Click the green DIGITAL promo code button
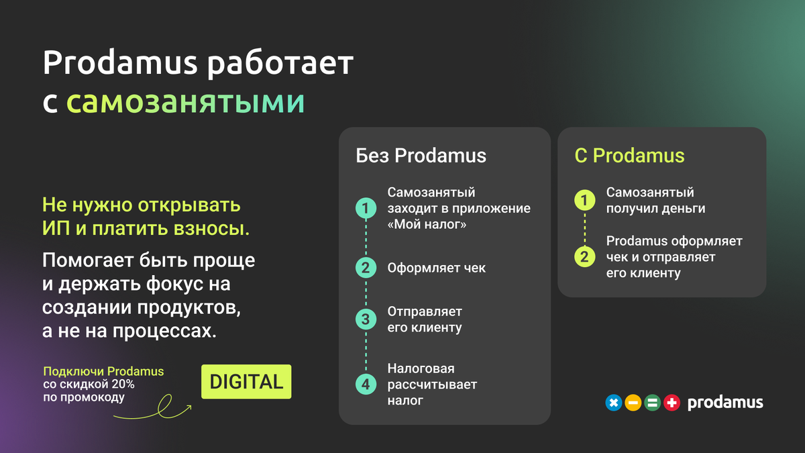click(x=246, y=382)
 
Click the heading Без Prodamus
click(x=421, y=156)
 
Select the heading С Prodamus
click(x=629, y=156)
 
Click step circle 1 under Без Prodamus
click(x=366, y=209)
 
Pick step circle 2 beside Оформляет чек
click(x=366, y=268)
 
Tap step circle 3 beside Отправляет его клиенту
click(x=366, y=319)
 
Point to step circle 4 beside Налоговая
click(x=366, y=385)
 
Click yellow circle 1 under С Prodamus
click(x=584, y=200)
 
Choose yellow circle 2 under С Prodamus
click(x=584, y=256)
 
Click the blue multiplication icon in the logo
click(x=613, y=403)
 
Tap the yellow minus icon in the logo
click(x=633, y=403)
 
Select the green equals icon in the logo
click(x=652, y=403)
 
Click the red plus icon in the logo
click(x=672, y=403)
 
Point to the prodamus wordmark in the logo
click(x=725, y=403)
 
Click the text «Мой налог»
click(x=427, y=225)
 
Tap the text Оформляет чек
click(x=436, y=268)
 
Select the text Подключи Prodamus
click(x=103, y=371)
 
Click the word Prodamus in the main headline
click(x=120, y=63)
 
